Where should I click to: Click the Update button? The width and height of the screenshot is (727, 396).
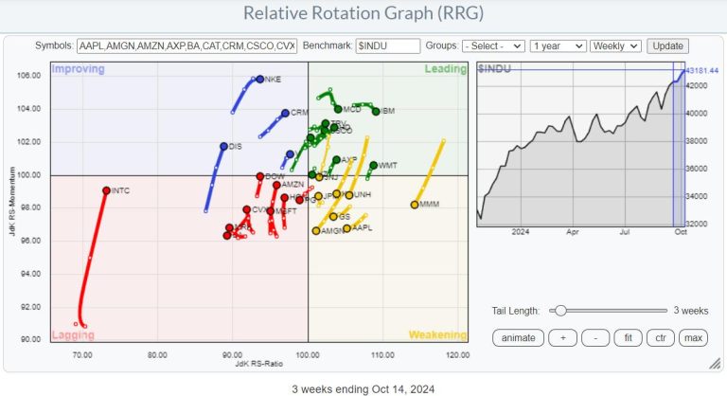point(668,45)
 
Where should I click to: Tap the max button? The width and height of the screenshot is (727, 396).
point(693,337)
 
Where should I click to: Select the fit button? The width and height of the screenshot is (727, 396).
point(626,337)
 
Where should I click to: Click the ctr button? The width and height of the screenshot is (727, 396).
point(659,337)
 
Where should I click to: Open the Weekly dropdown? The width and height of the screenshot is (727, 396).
point(615,45)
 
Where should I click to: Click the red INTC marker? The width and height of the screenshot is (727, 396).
point(106,190)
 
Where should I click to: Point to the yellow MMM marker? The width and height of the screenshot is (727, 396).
point(415,205)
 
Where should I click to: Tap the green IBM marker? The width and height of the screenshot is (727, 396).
point(376,111)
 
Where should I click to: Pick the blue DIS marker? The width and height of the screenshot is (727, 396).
point(223,146)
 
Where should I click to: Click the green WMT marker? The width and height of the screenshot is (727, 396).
point(373,165)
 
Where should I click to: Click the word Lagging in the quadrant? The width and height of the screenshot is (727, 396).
point(73,334)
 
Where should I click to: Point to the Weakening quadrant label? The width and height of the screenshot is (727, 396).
point(437,334)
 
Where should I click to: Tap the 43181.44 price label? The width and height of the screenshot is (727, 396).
point(703,70)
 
